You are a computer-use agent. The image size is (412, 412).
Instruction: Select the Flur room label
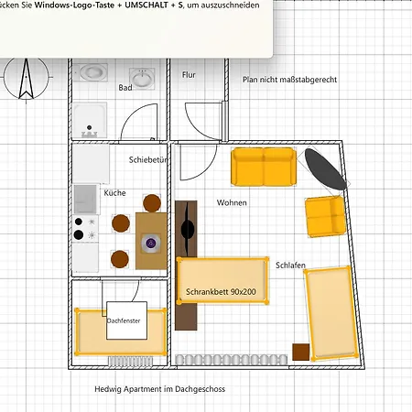tap(189, 75)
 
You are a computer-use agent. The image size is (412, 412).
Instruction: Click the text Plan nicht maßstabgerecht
tap(289, 81)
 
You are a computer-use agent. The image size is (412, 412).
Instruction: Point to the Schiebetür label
tap(148, 159)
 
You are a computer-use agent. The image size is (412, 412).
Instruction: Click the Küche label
tap(114, 193)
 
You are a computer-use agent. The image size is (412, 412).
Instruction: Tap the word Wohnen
tap(232, 202)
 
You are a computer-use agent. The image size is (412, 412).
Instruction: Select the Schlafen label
tap(290, 266)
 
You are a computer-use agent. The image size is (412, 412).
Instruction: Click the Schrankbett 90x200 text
tap(221, 292)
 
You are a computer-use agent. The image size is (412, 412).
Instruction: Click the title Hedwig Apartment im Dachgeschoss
tap(159, 389)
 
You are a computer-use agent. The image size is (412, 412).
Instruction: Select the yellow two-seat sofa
tap(263, 166)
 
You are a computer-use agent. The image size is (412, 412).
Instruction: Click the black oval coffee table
tap(325, 169)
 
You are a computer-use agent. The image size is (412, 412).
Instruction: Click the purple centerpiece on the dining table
tap(151, 244)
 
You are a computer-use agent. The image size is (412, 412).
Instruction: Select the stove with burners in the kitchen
tap(85, 228)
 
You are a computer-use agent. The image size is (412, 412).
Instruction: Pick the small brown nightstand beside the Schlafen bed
tap(301, 352)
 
